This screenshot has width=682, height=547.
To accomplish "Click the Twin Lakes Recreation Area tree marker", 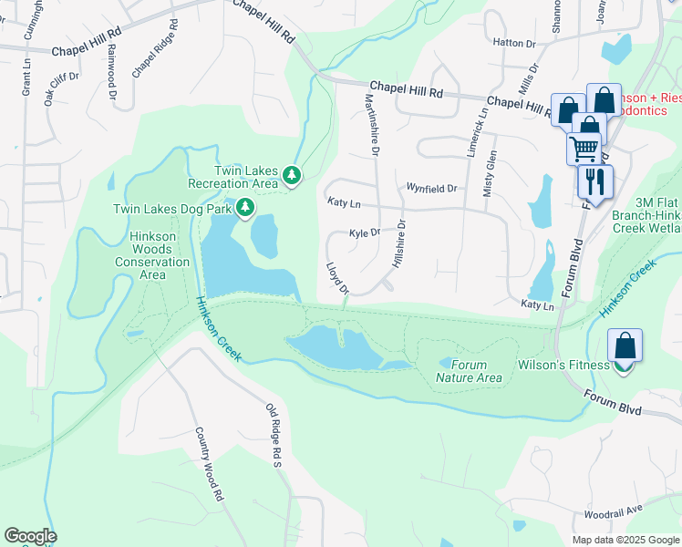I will point(292,174).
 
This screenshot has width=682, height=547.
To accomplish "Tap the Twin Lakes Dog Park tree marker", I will point(244,209).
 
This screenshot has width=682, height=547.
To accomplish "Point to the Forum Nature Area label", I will point(469,371).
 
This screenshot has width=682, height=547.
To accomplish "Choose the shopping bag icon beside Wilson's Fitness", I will point(625,346).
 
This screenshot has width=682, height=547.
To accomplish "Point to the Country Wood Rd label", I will point(210,466).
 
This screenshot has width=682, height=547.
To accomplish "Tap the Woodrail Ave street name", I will point(614,513).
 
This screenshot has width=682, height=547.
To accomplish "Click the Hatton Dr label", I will point(513,43).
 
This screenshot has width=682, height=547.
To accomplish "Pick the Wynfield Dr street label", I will point(430,189).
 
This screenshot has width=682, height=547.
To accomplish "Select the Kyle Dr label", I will point(365,232).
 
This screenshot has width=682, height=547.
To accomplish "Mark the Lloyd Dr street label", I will point(337,279).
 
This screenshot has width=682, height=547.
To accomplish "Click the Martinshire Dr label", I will point(371,124).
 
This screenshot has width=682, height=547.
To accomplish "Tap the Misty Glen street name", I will point(491,173).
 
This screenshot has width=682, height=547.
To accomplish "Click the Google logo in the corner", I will point(30,536).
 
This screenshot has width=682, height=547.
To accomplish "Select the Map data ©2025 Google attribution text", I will point(625,540).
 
